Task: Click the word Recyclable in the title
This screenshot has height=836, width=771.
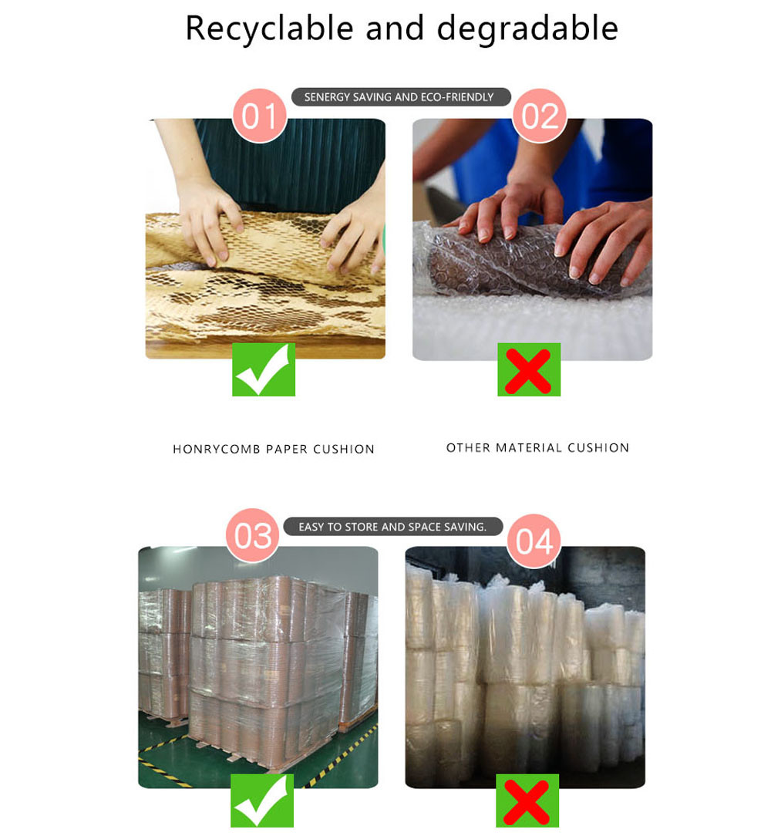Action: [269, 29]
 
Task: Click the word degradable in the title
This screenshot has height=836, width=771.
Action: [527, 29]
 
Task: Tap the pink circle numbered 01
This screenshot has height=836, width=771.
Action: [260, 116]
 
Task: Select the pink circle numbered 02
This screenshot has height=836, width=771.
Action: [540, 116]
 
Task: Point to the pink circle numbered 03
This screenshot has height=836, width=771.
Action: [253, 535]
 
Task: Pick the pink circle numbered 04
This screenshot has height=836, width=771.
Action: [534, 541]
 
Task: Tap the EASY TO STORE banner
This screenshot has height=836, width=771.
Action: [392, 527]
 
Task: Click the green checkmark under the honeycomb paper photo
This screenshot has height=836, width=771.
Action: [264, 369]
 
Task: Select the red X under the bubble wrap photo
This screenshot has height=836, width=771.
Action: [528, 370]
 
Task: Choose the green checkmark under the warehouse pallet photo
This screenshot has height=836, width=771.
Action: [262, 801]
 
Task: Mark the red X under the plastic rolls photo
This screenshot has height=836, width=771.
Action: [527, 801]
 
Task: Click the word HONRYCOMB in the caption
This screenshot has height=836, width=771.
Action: [216, 450]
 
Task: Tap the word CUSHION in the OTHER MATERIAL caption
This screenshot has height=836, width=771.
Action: [598, 448]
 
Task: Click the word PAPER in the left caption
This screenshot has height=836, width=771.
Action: [286, 450]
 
